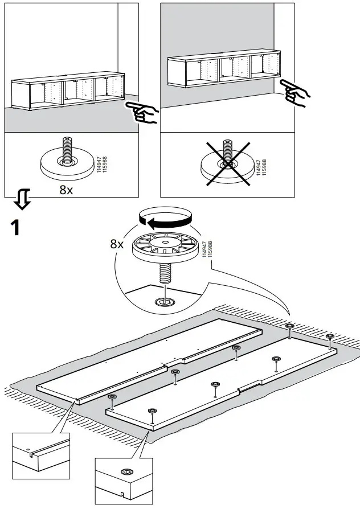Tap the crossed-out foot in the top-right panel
click(227, 163)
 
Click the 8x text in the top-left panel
click(66, 190)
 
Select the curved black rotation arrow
click(166, 219)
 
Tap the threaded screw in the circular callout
click(165, 274)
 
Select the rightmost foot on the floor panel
click(329, 341)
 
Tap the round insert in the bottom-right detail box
click(125, 472)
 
